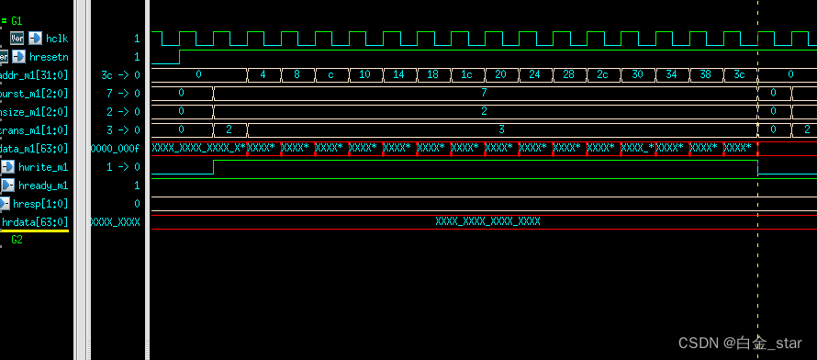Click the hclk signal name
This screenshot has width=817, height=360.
57,38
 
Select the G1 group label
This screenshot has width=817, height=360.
17,19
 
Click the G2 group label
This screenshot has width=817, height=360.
17,239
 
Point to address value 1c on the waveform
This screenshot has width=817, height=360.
466,74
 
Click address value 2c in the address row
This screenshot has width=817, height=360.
602,74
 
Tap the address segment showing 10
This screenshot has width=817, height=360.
364,74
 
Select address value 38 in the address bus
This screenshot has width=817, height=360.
704,74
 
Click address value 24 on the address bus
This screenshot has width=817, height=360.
534,74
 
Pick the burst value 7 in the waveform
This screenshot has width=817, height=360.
484,93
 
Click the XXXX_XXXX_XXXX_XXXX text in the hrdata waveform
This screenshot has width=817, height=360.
487,221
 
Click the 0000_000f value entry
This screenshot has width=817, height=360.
116,149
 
